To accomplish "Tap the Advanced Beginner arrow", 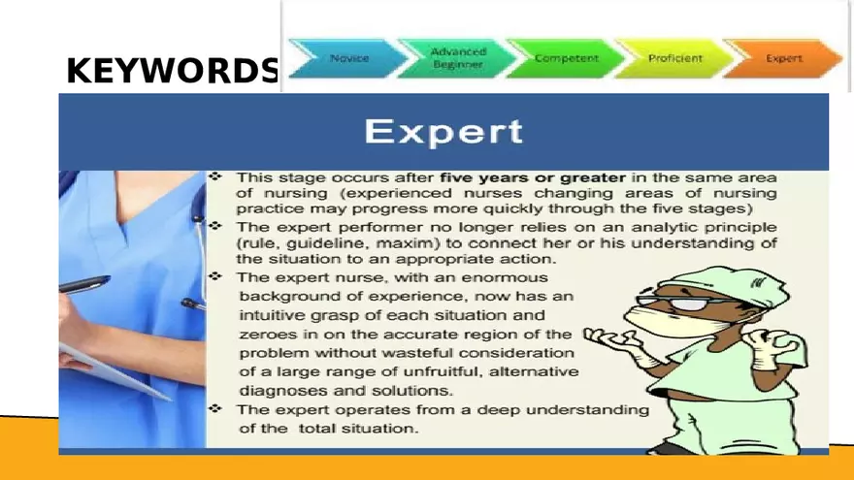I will tap(457, 57).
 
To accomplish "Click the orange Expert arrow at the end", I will tap(783, 58).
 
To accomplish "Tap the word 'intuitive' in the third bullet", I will tap(271, 315).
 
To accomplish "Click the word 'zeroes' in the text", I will tap(262, 334).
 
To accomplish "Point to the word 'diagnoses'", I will tap(279, 390).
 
